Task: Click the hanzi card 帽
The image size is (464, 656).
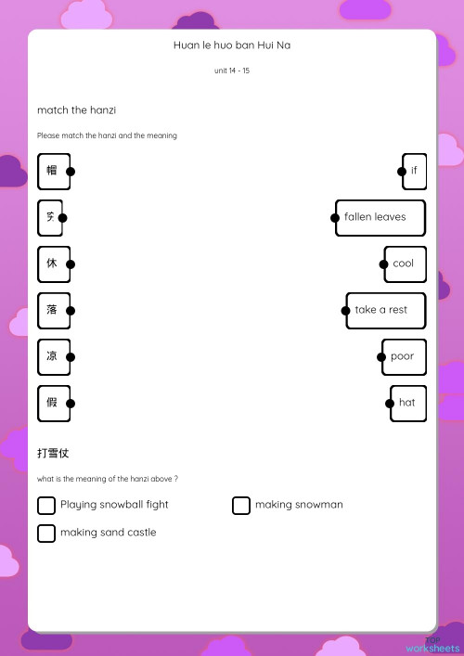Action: pos(53,171)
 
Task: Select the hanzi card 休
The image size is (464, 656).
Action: pos(53,264)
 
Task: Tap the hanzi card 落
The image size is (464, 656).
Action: pos(53,310)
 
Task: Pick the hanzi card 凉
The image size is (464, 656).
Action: pos(53,356)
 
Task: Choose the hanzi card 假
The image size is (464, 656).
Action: pos(53,403)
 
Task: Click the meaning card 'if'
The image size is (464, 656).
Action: pos(414,171)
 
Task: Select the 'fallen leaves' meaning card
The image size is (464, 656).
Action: pos(380,217)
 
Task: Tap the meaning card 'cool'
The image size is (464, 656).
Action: pos(405,264)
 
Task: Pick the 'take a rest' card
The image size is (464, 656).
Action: pos(385,310)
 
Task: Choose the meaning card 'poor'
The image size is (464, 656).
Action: pos(404,356)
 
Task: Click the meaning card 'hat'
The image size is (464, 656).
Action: pos(408,403)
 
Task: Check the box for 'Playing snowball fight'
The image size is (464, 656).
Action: pos(46,505)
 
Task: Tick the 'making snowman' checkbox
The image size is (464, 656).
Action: pos(241,505)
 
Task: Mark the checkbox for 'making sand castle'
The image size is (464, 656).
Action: pos(46,533)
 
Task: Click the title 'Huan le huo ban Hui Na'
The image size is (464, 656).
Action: pos(232,45)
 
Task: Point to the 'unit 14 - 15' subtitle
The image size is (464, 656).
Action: pos(232,71)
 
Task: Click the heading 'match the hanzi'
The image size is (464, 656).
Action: pos(76,110)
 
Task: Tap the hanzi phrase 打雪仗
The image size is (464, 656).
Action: pos(53,454)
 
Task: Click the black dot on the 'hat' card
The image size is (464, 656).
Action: pos(391,403)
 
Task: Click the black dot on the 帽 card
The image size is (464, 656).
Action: pos(71,171)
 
